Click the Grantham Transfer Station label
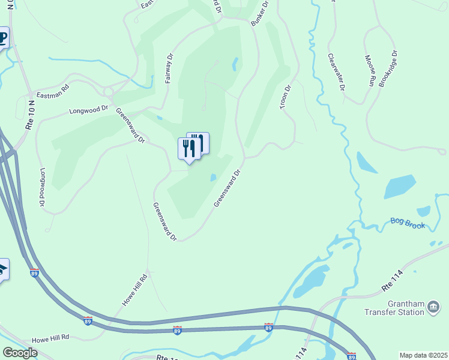point(394,308)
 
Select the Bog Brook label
point(408,223)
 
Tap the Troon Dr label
point(285,97)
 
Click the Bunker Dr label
point(259,12)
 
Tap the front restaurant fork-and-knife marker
point(188,148)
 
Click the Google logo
point(19,353)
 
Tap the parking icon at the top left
point(2,38)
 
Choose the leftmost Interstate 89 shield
point(34,273)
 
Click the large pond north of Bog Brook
point(399,187)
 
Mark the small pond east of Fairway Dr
point(235,64)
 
